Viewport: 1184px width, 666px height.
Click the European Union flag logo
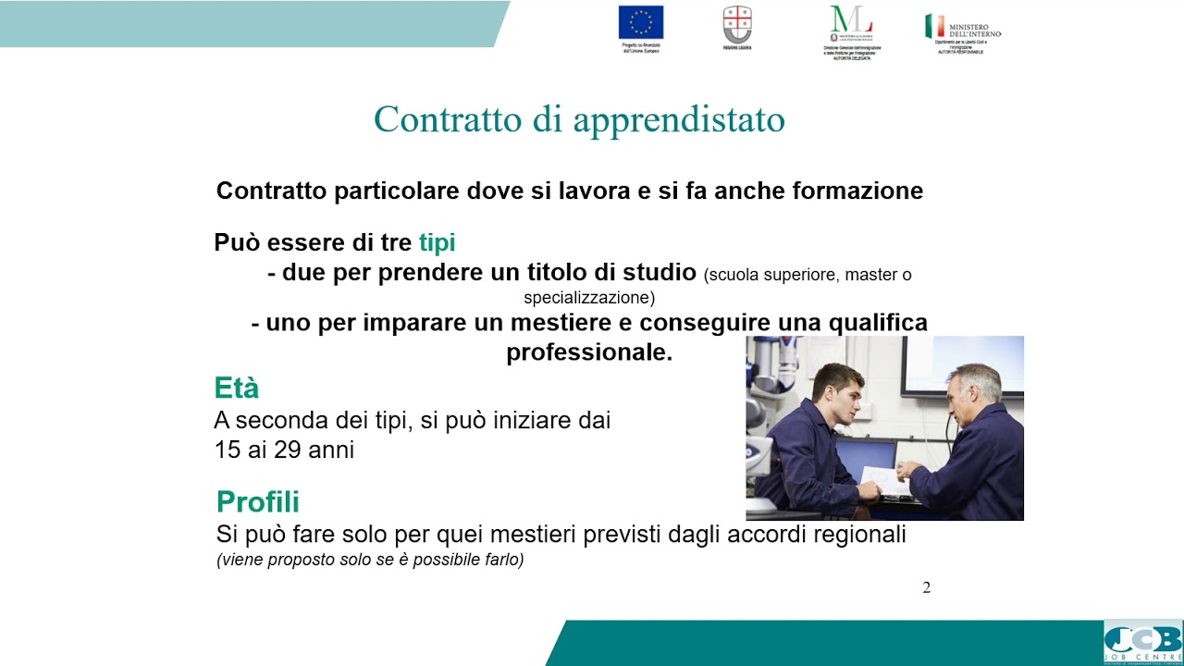point(641,22)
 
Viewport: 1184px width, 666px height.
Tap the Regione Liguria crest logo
point(737,23)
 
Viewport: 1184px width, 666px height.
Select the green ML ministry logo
point(852,24)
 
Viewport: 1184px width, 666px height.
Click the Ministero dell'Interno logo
point(963,27)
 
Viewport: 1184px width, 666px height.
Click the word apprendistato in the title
point(679,119)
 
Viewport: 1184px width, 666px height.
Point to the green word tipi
point(438,242)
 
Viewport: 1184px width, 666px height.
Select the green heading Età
point(236,387)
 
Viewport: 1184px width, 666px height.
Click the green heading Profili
point(258,502)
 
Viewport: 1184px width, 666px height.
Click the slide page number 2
point(927,587)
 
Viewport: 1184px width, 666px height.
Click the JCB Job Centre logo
point(1142,641)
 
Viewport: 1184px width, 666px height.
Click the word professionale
point(589,352)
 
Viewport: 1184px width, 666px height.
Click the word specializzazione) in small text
point(589,298)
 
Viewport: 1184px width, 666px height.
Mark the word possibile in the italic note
point(454,560)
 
